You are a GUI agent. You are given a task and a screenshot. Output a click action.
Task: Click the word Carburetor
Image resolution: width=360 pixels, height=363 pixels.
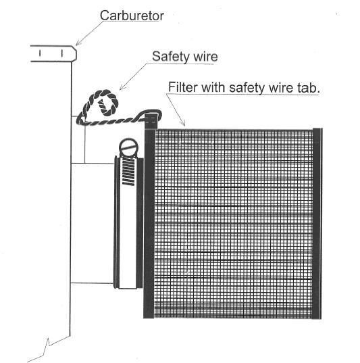tap(132, 16)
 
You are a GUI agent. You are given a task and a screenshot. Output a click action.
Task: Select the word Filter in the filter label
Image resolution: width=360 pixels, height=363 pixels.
tap(183, 87)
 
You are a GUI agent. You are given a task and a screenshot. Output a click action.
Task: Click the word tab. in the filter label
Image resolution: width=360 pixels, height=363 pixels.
tap(309, 88)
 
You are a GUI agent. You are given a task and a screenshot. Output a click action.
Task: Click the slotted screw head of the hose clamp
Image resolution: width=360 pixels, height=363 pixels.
tap(128, 146)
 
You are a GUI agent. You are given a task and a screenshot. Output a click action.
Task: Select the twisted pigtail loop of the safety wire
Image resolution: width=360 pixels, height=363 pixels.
tap(108, 103)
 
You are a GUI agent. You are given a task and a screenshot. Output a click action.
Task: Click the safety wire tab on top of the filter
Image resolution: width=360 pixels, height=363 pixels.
tap(151, 121)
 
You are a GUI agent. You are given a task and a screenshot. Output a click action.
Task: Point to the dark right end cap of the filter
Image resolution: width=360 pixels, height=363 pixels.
tap(317, 223)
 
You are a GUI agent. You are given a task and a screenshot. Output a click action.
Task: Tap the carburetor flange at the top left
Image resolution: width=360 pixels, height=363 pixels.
tap(53, 53)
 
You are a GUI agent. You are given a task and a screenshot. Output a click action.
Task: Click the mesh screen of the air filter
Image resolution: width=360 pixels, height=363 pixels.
tap(233, 224)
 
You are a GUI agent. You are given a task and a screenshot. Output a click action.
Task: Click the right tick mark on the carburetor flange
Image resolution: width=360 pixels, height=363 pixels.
tap(62, 53)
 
